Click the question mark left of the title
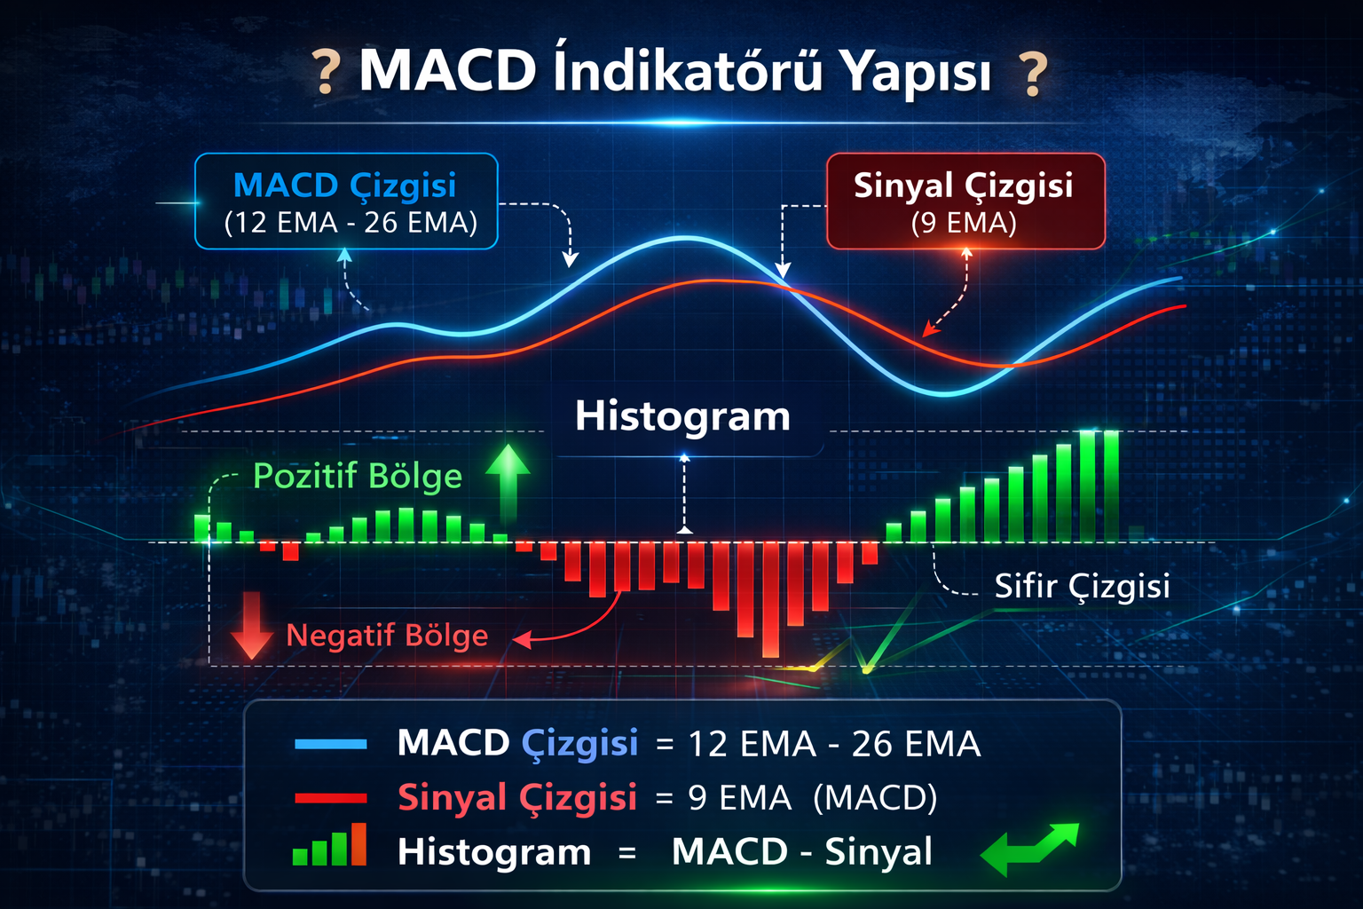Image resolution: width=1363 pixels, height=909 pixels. point(327,73)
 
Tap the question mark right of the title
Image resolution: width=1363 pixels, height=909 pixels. point(1033,74)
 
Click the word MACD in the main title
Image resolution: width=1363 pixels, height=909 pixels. point(447,70)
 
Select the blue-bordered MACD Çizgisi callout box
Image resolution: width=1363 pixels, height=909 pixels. point(346,202)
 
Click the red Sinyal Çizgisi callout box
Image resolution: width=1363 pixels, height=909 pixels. point(965,202)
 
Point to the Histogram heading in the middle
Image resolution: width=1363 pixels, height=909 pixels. point(682,416)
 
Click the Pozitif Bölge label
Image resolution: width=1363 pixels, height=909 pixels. point(357,477)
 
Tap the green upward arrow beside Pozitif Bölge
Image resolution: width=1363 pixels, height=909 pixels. point(508,481)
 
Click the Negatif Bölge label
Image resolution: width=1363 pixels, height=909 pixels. point(387,636)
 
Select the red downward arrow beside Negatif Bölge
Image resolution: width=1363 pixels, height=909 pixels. point(251,626)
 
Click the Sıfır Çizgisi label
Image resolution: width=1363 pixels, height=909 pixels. point(1082,587)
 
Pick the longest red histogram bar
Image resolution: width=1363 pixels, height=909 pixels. point(770,599)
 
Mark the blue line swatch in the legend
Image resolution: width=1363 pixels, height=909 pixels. point(330,745)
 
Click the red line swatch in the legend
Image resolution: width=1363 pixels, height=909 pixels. point(330,798)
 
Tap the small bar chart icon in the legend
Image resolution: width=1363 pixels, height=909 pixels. point(329,845)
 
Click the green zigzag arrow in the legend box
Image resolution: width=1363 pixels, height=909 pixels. point(1029,847)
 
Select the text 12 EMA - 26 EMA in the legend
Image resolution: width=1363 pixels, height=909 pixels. point(833,745)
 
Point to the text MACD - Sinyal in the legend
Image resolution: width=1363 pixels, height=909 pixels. point(801,852)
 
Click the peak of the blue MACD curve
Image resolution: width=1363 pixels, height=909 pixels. point(684,238)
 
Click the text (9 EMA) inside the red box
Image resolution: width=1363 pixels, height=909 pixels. point(964,223)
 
